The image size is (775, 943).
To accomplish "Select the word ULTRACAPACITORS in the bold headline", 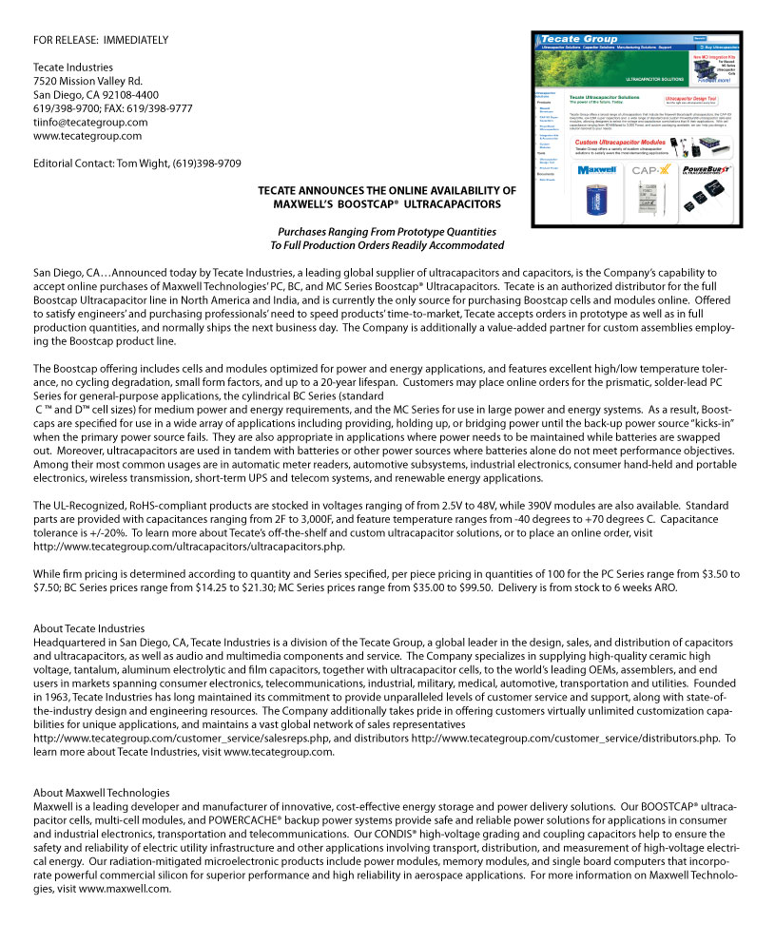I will (451, 204).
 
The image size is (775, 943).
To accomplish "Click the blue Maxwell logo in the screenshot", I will (597, 171).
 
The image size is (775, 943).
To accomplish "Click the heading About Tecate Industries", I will (88, 628).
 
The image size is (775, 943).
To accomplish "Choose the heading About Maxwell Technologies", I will (102, 793).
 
